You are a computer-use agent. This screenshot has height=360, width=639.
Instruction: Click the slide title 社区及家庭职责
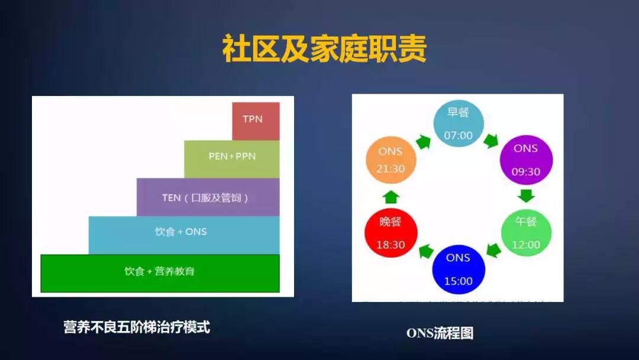tap(324, 50)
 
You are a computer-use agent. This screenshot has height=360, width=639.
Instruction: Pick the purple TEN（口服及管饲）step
tap(208, 197)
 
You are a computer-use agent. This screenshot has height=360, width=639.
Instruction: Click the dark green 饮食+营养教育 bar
tap(160, 273)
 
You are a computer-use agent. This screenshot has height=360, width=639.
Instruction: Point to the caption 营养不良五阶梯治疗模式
tap(137, 327)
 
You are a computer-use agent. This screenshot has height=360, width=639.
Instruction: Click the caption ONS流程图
tap(440, 333)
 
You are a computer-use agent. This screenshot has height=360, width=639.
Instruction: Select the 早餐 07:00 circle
tap(459, 124)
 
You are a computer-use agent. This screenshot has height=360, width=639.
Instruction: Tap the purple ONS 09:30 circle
tap(526, 160)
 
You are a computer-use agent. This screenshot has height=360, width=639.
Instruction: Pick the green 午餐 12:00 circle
tap(526, 233)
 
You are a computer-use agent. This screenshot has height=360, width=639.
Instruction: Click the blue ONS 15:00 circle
tap(459, 269)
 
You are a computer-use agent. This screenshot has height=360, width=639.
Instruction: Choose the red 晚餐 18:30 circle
tap(391, 233)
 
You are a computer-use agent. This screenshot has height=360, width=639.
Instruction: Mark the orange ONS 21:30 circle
tap(390, 160)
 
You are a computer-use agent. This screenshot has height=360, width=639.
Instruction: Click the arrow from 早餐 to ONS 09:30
tap(491, 141)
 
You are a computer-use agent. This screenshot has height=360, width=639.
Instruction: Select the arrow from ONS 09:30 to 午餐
tap(526, 195)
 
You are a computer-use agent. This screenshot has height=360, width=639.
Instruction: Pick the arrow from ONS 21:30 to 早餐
tap(424, 142)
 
